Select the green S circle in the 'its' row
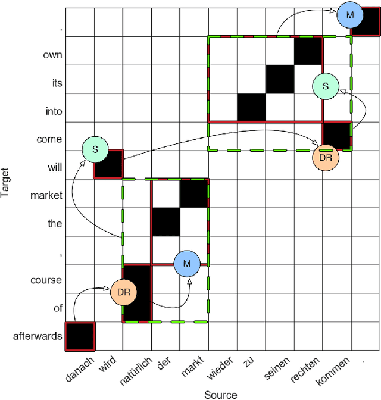325,86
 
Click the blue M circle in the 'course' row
187,263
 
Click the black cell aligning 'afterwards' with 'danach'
80,336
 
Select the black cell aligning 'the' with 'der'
165,222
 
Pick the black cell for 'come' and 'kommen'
337,136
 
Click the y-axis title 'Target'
5,179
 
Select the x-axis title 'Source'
221,394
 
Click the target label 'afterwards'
38,336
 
